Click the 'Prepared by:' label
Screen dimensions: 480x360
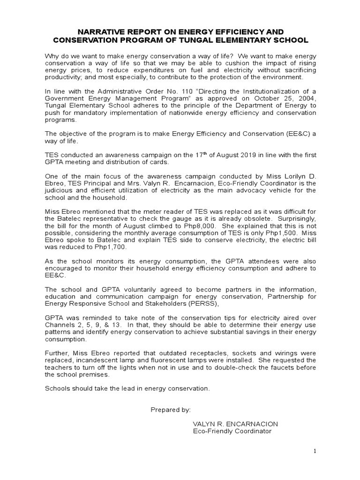pyautogui.click(x=171, y=409)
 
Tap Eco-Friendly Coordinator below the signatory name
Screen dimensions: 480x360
pyautogui.click(x=232, y=431)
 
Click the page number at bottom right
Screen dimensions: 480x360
pyautogui.click(x=315, y=450)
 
